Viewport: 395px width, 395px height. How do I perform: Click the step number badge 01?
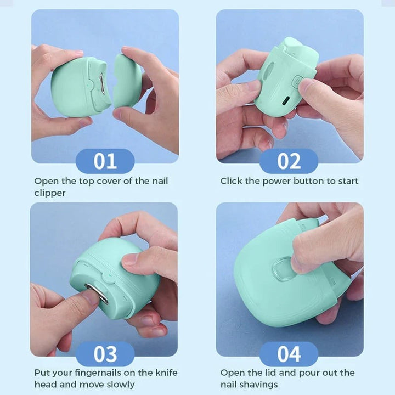pyautogui.click(x=105, y=161)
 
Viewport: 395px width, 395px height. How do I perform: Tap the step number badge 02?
pyautogui.click(x=289, y=161)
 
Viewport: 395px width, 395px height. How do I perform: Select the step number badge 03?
pyautogui.click(x=105, y=354)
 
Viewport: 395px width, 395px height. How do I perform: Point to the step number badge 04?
pyautogui.click(x=289, y=354)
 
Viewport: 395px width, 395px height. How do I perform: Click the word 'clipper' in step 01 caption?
pyautogui.click(x=49, y=193)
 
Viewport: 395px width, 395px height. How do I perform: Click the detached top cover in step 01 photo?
pyautogui.click(x=127, y=80)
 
